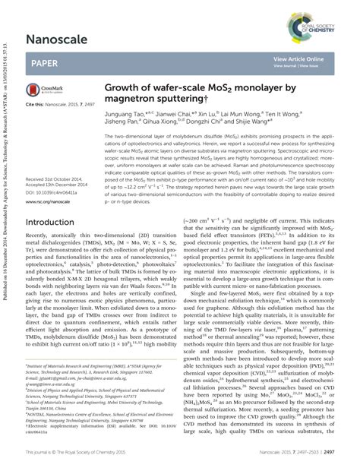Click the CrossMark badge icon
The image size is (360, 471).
(37, 90)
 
